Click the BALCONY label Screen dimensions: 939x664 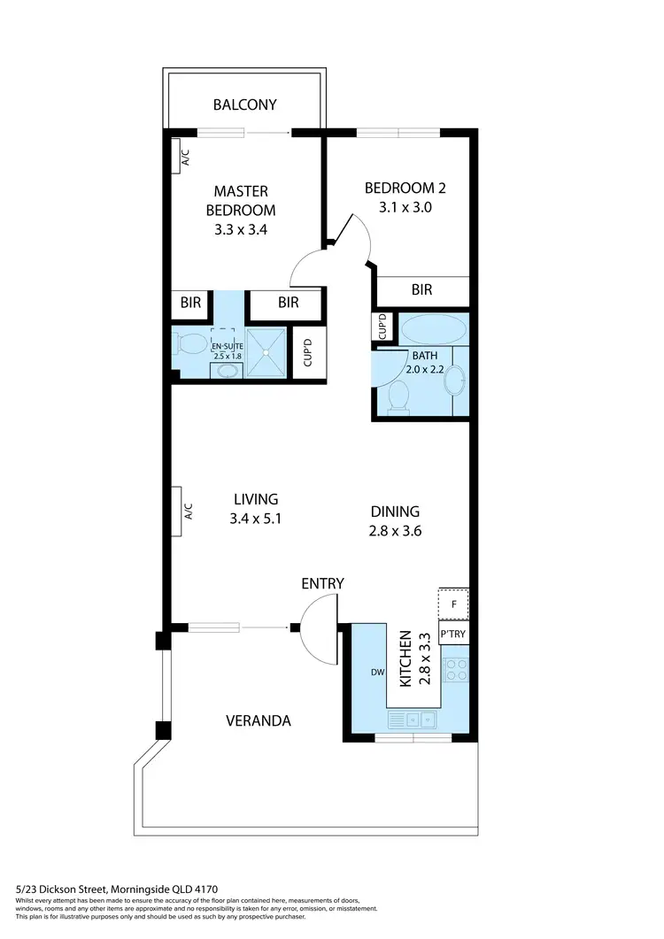pos(245,104)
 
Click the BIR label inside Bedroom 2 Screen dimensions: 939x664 pos(421,289)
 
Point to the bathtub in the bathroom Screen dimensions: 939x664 pos(432,329)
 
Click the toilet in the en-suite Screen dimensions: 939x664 pos(189,343)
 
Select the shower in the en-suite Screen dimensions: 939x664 pos(266,352)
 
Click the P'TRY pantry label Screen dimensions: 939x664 pos(453,635)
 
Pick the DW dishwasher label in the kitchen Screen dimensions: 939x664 pos(377,673)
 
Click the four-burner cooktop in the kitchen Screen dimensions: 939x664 pos(456,669)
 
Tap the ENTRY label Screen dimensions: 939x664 pos(322,583)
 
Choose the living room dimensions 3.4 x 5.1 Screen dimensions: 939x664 pos(255,520)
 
